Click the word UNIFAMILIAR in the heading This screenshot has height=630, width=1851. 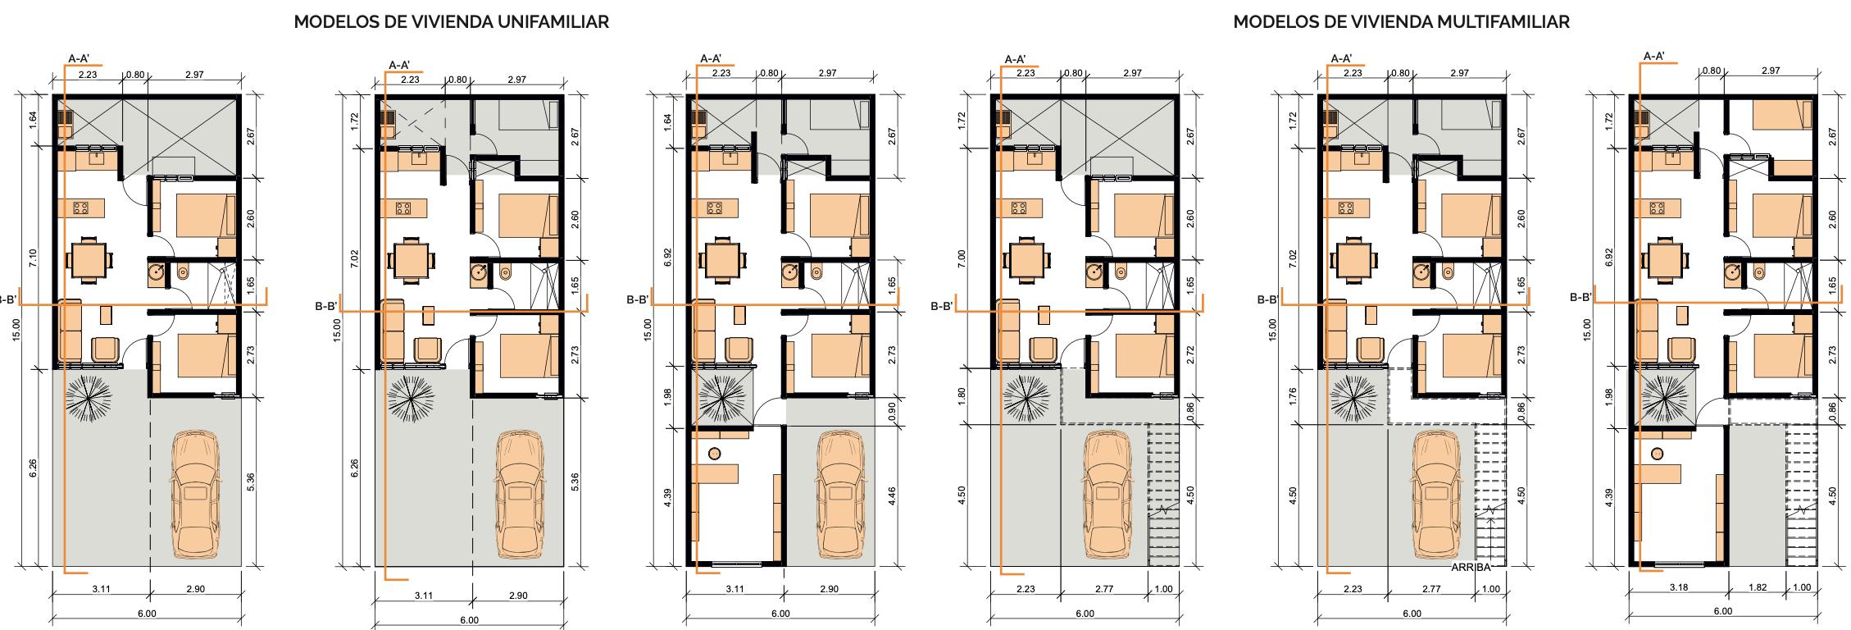coord(553,22)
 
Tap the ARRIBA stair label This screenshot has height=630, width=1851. coord(1473,567)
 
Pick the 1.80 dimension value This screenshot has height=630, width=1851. coord(962,397)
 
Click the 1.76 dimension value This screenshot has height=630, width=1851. coord(1294,397)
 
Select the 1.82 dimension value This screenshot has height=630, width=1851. coord(1757,587)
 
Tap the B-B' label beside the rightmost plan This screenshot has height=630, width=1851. coord(1580,297)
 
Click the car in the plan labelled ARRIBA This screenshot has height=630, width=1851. coord(1439,495)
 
